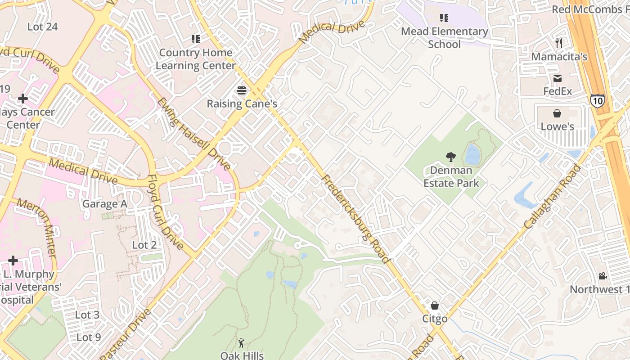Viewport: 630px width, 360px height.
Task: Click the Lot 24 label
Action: (42, 27)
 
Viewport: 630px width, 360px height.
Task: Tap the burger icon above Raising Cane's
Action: (242, 90)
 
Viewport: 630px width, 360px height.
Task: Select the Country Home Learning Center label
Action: (196, 59)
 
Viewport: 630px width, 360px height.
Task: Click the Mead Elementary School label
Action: (444, 38)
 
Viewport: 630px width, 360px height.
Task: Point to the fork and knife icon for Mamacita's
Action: (559, 43)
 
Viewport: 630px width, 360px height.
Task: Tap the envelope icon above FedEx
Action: (558, 78)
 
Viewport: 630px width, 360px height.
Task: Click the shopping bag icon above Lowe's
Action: (557, 113)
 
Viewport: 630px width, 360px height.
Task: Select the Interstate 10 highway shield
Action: (597, 101)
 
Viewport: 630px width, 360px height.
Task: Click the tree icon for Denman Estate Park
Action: (450, 157)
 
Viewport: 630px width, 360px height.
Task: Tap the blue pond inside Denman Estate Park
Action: (472, 155)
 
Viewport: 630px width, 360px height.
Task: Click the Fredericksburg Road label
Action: (355, 219)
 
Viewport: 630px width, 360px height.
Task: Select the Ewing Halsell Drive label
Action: (193, 134)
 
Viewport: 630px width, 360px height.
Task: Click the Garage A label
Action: (104, 204)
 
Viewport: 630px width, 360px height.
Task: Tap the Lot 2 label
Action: (144, 245)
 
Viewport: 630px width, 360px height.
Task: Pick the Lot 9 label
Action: (88, 337)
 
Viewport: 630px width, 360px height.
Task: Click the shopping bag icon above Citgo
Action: (435, 306)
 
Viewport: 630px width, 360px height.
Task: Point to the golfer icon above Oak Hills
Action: (242, 343)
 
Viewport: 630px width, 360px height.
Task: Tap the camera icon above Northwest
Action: (602, 276)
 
